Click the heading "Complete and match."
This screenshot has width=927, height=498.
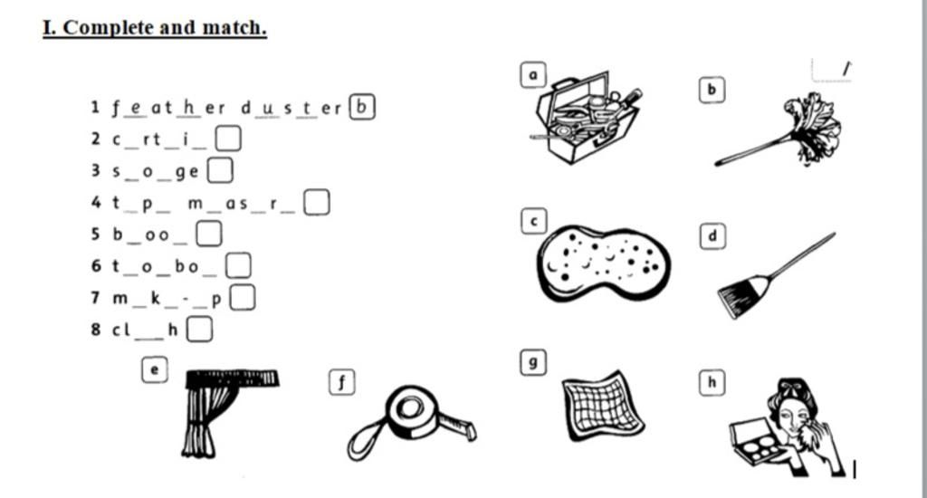pos(165,27)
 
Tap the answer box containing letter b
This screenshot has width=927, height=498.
pos(362,107)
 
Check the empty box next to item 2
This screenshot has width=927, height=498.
pos(227,139)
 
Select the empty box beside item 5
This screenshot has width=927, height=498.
pos(209,234)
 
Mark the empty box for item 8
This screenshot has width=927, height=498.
pos(199,330)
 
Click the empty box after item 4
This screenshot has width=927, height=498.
pos(316,202)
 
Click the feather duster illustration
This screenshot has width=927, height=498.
pos(779,130)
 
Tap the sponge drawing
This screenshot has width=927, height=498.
pos(604,263)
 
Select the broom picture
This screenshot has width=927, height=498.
pos(776,275)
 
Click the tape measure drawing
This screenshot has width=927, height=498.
pos(412,422)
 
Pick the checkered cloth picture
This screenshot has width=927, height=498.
pos(602,406)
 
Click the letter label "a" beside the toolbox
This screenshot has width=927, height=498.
pos(533,75)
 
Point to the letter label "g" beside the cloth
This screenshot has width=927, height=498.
pos(533,362)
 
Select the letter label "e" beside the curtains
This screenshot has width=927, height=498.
pos(155,369)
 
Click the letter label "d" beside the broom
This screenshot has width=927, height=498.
pos(712,236)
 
